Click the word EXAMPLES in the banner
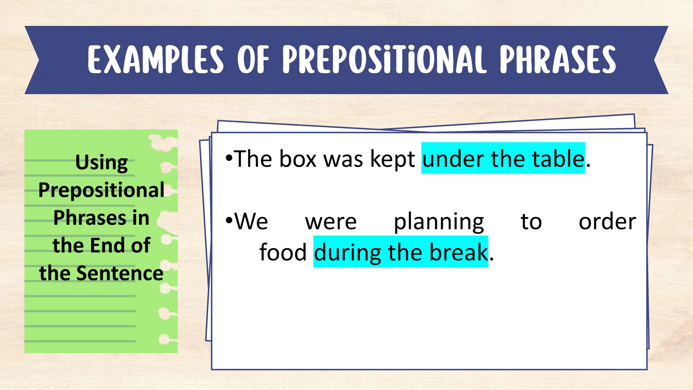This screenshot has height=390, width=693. pyautogui.click(x=156, y=60)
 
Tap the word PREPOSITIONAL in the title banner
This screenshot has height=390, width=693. pyautogui.click(x=384, y=60)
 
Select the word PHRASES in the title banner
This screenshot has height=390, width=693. pyautogui.click(x=558, y=60)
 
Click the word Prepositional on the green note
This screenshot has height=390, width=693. pyautogui.click(x=102, y=190)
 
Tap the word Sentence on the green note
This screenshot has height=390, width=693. pyautogui.click(x=120, y=273)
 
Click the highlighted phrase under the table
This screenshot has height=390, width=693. pyautogui.click(x=503, y=158)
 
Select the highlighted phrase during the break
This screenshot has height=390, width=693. pyautogui.click(x=401, y=252)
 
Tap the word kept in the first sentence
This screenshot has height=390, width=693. pyautogui.click(x=393, y=158)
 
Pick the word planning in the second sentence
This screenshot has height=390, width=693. pyautogui.click(x=439, y=222)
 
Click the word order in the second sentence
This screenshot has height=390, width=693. pyautogui.click(x=607, y=222)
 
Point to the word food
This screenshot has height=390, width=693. pyautogui.click(x=283, y=252)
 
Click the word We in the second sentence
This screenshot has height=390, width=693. pyautogui.click(x=251, y=222)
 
